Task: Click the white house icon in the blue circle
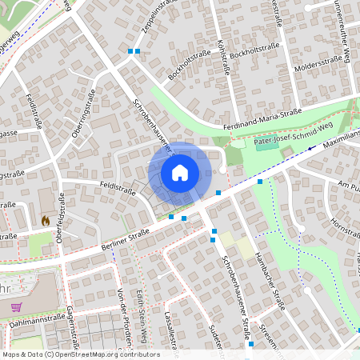[179, 172]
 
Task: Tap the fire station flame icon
[45, 218]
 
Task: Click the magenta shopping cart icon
[16, 306]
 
